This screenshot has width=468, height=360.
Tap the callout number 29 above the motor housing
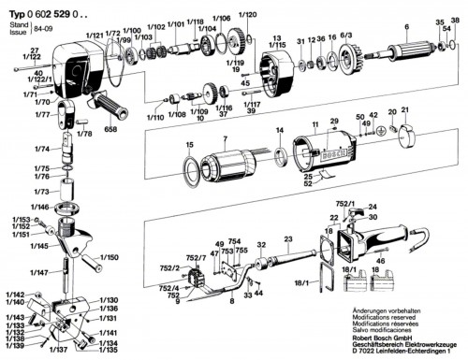click(x=332, y=122)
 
